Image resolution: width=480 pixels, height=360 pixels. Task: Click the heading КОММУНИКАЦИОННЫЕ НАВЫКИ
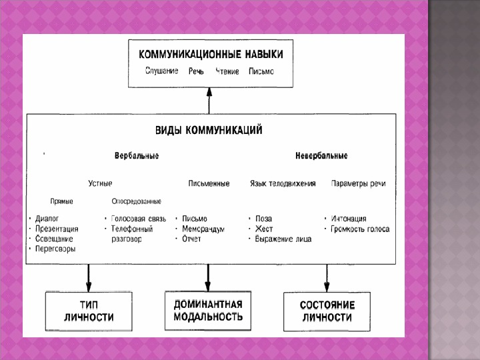209,53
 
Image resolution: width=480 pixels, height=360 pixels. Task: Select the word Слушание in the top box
162,71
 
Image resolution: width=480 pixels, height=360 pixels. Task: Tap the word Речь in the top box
195,71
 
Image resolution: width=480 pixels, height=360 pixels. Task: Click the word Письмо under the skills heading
261,71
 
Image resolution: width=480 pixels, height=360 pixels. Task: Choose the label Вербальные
136,156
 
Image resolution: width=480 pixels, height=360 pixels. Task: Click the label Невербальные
321,156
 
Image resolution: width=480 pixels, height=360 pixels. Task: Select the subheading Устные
101,183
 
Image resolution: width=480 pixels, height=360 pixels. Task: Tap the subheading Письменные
209,183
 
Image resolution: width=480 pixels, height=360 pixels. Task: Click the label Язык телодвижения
283,183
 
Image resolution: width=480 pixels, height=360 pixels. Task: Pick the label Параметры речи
358,183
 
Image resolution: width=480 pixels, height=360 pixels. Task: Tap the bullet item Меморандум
203,229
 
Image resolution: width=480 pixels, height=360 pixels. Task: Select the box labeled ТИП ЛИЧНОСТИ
89,311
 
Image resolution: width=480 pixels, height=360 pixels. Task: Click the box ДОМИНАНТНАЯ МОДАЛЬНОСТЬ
207,310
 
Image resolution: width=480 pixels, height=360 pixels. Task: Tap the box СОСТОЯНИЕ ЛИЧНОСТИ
327,311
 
